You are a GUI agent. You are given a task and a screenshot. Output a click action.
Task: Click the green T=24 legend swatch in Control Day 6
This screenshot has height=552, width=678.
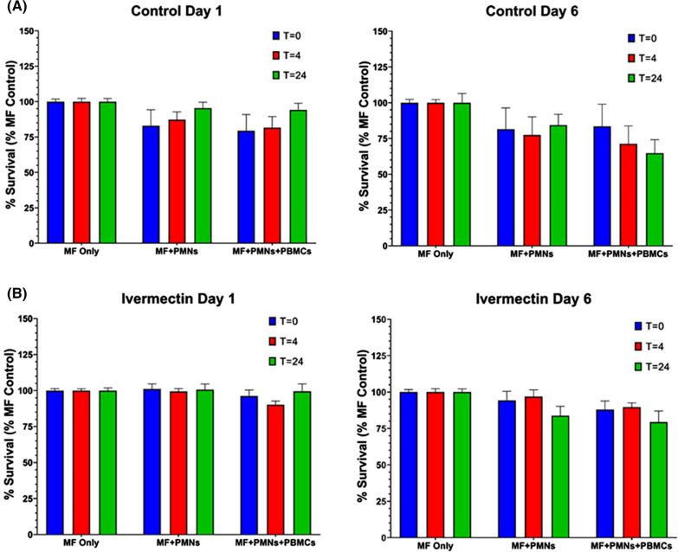click(x=632, y=79)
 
